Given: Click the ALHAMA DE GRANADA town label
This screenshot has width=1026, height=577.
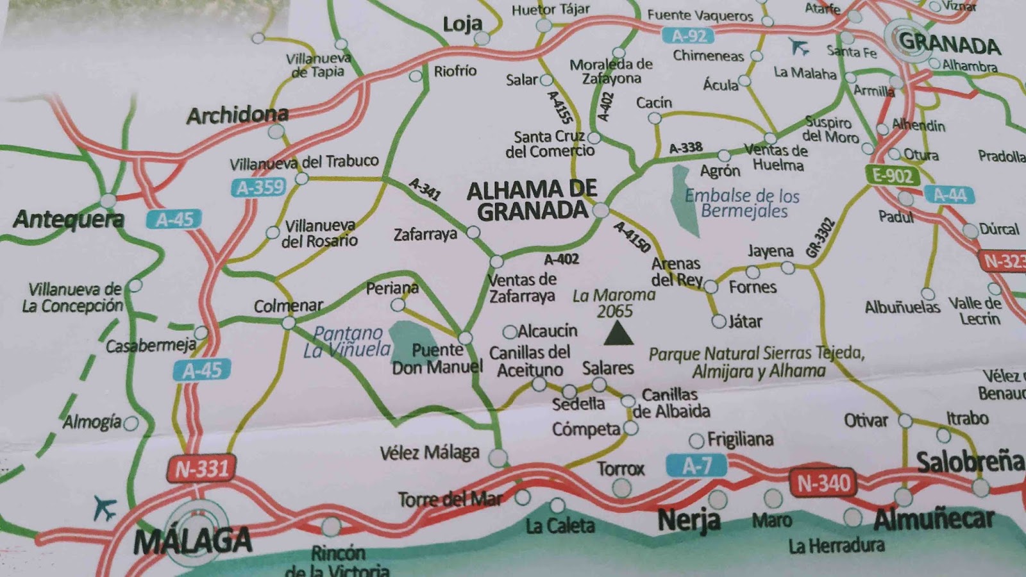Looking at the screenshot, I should tap(532, 200).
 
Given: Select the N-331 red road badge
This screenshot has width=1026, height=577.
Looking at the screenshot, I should tap(202, 469).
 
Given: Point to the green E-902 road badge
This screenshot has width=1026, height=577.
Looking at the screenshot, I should tap(892, 175).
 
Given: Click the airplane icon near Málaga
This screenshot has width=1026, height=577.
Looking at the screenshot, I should tap(105, 508).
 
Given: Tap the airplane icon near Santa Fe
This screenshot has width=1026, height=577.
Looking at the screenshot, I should tap(798, 46).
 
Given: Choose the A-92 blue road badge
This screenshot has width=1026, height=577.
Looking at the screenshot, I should tap(689, 37).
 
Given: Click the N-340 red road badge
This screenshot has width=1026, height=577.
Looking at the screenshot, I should tap(823, 483).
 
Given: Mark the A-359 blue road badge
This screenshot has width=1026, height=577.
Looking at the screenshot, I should tap(260, 187).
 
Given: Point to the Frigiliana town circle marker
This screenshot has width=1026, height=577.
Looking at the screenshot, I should tap(696, 440).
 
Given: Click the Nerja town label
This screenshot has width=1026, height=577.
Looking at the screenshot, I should tap(689, 520).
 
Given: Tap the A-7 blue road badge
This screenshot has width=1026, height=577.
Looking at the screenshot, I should tap(696, 465).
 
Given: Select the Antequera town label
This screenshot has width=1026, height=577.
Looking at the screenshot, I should tap(69, 219).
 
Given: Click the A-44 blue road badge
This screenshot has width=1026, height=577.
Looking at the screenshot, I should tap(949, 195).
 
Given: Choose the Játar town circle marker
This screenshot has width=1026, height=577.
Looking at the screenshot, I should tap(719, 321).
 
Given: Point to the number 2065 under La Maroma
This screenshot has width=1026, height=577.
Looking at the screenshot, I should tap(614, 312).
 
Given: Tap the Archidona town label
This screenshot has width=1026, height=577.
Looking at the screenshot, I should tap(237, 115).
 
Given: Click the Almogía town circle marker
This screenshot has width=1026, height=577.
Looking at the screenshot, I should tap(131, 423).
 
